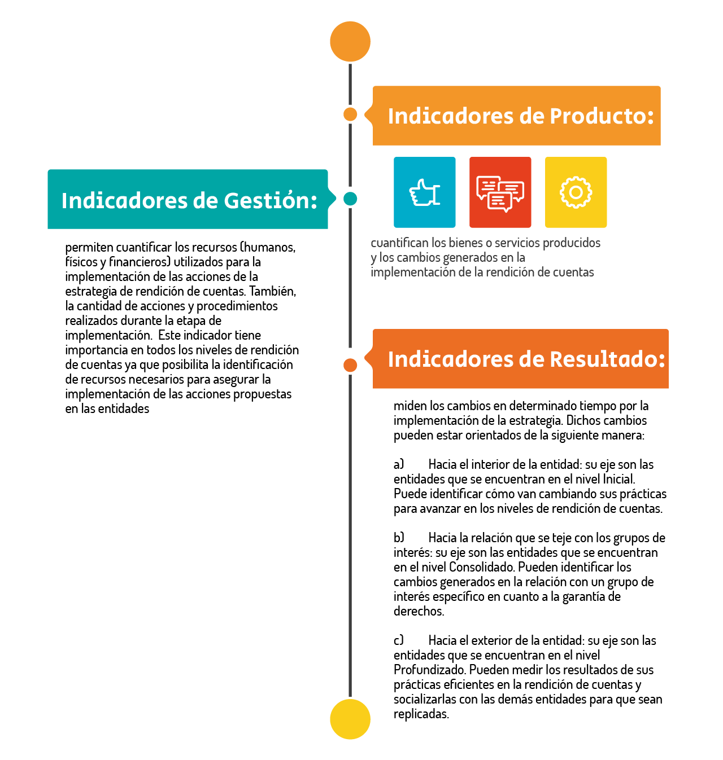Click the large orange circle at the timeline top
[x=350, y=42]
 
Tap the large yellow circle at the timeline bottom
[x=350, y=719]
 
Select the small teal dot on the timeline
[x=350, y=199]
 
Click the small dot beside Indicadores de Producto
[x=350, y=115]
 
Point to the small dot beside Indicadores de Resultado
[x=350, y=365]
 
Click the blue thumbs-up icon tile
[x=425, y=192]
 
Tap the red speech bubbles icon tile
[x=500, y=192]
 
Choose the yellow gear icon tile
[x=576, y=192]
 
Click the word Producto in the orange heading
[x=602, y=116]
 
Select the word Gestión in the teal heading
[x=271, y=201]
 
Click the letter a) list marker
[x=399, y=464]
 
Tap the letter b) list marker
[x=399, y=538]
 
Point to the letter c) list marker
[x=399, y=640]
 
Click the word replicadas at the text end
[x=421, y=714]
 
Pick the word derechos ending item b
[x=419, y=611]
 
